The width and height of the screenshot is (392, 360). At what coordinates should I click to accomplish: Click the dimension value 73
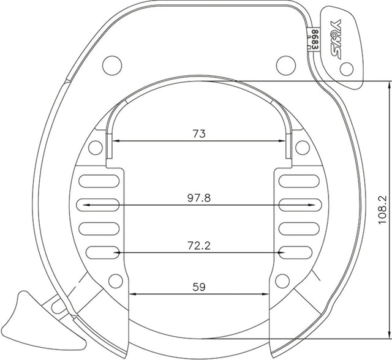pyautogui.click(x=199, y=133)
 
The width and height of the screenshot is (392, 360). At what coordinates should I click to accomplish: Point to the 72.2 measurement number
pyautogui.click(x=199, y=245)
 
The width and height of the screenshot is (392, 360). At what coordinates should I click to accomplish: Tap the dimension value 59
pyautogui.click(x=199, y=286)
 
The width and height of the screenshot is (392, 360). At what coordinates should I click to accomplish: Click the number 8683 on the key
pyautogui.click(x=315, y=39)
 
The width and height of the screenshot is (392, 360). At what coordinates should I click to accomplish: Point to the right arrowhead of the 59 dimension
pyautogui.click(x=267, y=294)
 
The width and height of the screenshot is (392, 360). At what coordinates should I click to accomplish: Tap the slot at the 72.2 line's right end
pyautogui.click(x=298, y=251)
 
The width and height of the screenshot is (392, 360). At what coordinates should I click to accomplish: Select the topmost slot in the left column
pyautogui.click(x=99, y=181)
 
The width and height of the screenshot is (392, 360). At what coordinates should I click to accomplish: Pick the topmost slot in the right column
pyautogui.click(x=298, y=181)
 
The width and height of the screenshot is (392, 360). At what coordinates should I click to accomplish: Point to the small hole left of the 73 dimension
pyautogui.click(x=94, y=147)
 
